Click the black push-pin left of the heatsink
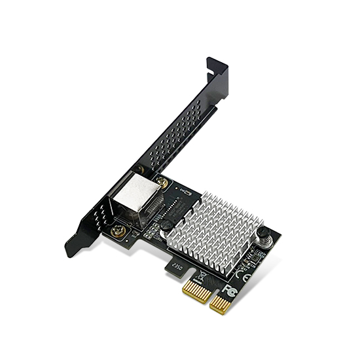coord(168,225)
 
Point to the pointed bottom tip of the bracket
coord(69,251)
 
